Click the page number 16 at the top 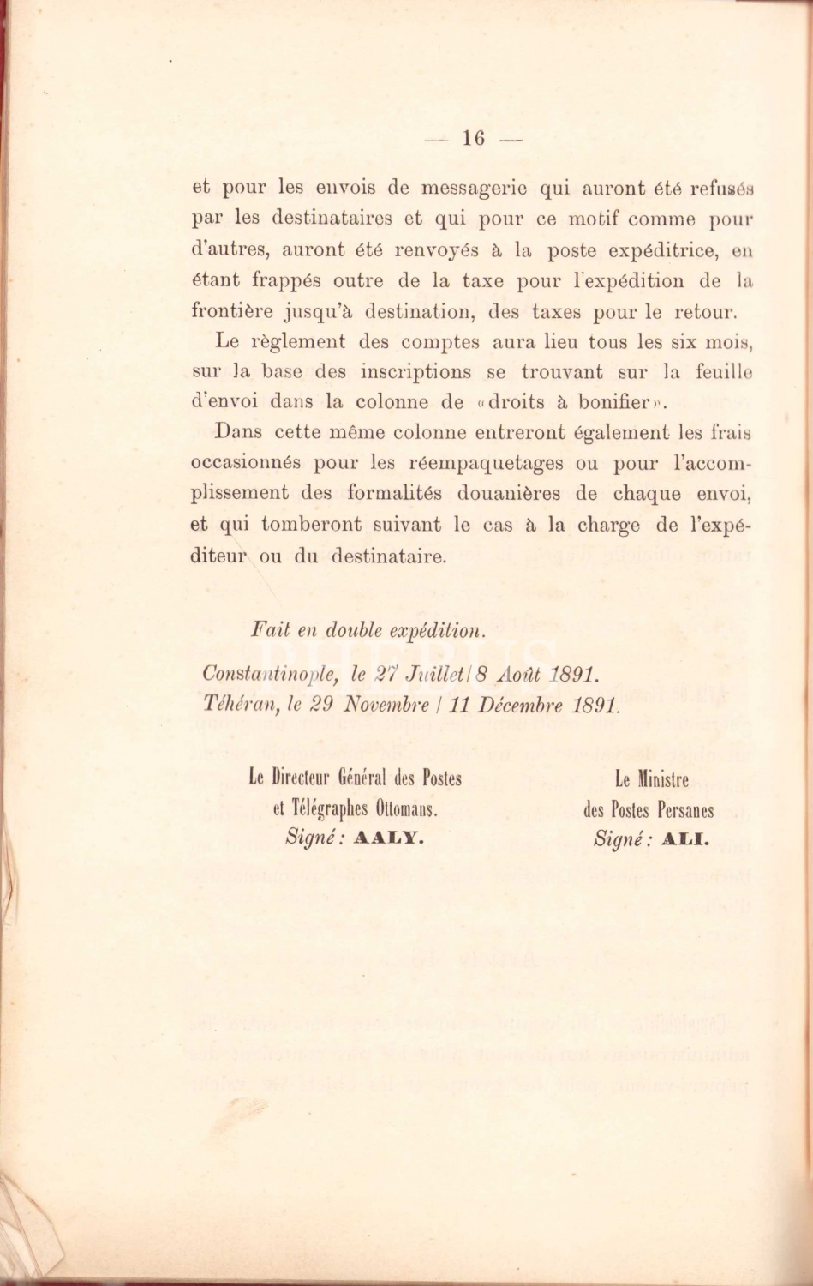pos(474,138)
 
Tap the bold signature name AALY pos(390,838)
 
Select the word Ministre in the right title pos(664,780)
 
